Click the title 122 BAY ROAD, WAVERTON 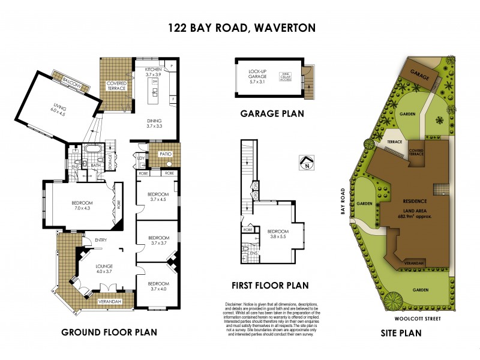[240, 28]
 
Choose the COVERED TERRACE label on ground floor [116, 86]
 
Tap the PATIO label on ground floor [166, 154]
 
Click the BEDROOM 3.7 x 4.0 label [158, 286]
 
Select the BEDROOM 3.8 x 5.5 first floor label [277, 234]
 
